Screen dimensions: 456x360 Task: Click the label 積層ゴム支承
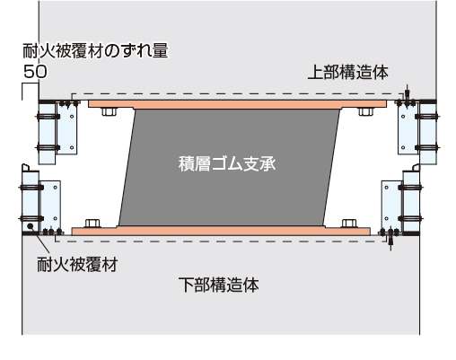[x=227, y=163]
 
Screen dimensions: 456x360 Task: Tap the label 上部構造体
[x=348, y=73]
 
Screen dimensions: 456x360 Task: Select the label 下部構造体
[x=219, y=285]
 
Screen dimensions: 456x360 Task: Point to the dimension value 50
[x=35, y=72]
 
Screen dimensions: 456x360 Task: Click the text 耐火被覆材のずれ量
[x=95, y=50]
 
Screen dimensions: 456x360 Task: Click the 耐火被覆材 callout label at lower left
[x=77, y=264]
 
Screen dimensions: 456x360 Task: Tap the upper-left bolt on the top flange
[x=110, y=111]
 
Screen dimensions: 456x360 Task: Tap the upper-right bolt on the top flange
[x=365, y=111]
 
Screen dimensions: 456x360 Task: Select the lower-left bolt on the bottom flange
[x=92, y=224]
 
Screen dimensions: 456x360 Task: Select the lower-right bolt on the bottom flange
[x=349, y=224]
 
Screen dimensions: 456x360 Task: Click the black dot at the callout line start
[x=30, y=226]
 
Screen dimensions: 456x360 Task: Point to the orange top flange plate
[x=237, y=104]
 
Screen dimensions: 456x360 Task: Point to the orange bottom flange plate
[x=221, y=231]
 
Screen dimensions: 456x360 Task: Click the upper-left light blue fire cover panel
[x=47, y=133]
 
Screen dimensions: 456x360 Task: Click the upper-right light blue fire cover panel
[x=428, y=133]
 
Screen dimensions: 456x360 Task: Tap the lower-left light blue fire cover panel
[x=31, y=201]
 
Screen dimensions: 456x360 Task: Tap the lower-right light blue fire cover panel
[x=411, y=201]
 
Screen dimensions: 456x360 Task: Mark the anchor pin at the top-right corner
[x=407, y=94]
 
